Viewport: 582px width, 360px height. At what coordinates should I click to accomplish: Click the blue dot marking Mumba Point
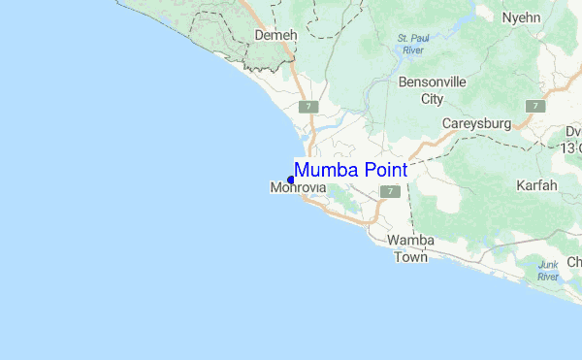pyautogui.click(x=290, y=179)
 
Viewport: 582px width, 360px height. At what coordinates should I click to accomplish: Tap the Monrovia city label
pyautogui.click(x=297, y=187)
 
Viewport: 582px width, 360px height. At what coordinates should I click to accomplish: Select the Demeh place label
pyautogui.click(x=274, y=35)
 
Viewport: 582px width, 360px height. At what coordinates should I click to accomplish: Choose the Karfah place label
pyautogui.click(x=537, y=184)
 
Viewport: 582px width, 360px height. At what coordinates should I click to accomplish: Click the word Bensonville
pyautogui.click(x=434, y=82)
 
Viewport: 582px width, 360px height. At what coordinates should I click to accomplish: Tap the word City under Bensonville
pyautogui.click(x=433, y=99)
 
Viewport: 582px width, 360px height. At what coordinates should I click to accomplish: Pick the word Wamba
pyautogui.click(x=410, y=241)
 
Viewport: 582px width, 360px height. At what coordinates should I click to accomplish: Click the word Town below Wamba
pyautogui.click(x=410, y=257)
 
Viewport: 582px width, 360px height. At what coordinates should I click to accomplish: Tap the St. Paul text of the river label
pyautogui.click(x=414, y=39)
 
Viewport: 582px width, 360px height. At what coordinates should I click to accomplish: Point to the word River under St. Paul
pyautogui.click(x=414, y=50)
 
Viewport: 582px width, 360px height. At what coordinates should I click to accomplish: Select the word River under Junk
pyautogui.click(x=548, y=278)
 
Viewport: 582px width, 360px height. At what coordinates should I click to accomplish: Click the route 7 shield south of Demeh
pyautogui.click(x=309, y=106)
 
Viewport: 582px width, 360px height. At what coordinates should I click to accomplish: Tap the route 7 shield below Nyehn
pyautogui.click(x=534, y=105)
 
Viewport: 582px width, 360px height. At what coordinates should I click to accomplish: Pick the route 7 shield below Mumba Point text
pyautogui.click(x=389, y=192)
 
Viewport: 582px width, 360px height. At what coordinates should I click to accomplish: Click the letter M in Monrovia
pyautogui.click(x=275, y=187)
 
